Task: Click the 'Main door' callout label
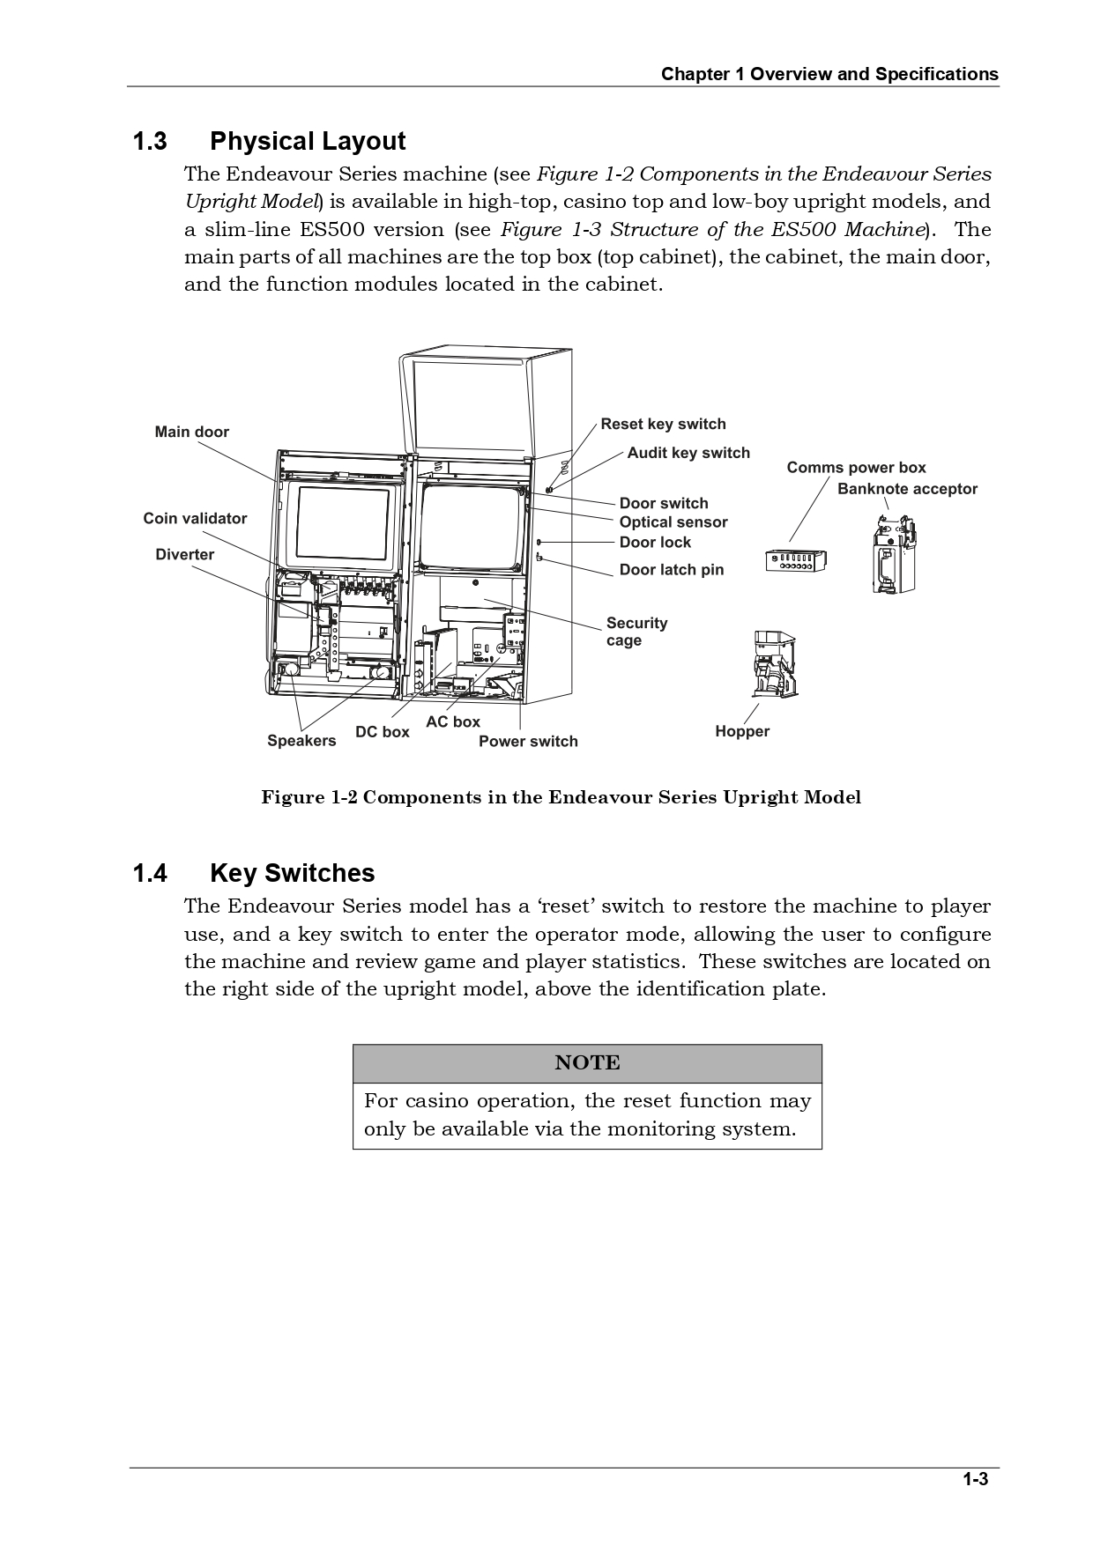tap(191, 432)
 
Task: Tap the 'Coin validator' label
tap(195, 519)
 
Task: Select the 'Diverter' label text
tap(184, 555)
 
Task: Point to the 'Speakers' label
tap(301, 741)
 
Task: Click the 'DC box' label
tap(382, 732)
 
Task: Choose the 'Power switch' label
tap(528, 742)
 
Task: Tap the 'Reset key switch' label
tap(663, 424)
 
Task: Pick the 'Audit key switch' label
tap(688, 453)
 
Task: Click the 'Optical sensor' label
tap(673, 522)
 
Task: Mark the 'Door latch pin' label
tap(671, 570)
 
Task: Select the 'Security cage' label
tap(636, 632)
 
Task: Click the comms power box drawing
tap(795, 559)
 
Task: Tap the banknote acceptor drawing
tap(891, 553)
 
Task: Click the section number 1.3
tap(150, 142)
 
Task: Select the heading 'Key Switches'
tap(292, 873)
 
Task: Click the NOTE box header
tap(587, 1063)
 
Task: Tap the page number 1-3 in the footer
tap(975, 1479)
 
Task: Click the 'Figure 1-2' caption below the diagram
tap(561, 797)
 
